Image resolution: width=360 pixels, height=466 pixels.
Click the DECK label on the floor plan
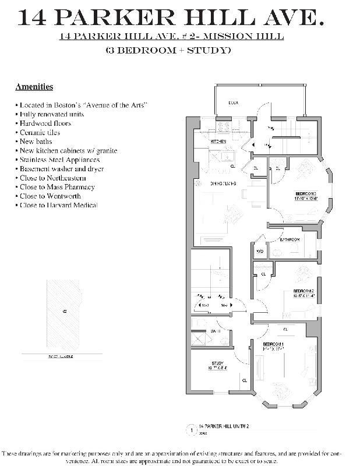(234, 103)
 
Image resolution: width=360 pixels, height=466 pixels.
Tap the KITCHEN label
(218, 142)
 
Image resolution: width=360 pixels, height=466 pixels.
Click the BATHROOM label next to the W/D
(290, 240)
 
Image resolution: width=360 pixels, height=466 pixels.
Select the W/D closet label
(259, 252)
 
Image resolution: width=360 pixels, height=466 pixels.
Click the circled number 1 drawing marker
(190, 430)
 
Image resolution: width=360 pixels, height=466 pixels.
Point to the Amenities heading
(34, 87)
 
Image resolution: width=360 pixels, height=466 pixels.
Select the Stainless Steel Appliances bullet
(58, 160)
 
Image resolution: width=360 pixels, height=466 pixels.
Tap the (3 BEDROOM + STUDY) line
(168, 50)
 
